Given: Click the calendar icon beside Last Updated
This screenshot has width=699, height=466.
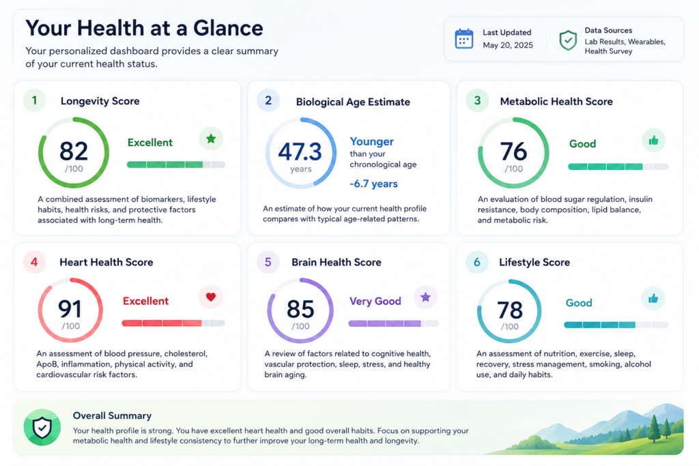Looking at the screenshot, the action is click(464, 39).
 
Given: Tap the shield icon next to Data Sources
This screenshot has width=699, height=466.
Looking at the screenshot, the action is click(568, 40).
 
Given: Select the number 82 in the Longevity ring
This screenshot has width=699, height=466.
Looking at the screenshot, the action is click(74, 151).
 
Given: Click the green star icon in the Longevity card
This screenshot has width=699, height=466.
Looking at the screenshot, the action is click(211, 139).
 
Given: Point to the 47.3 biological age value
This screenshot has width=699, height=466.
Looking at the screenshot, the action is click(300, 151).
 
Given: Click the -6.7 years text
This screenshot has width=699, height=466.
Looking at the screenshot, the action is click(373, 184).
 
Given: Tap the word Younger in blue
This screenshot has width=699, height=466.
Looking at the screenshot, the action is click(372, 141).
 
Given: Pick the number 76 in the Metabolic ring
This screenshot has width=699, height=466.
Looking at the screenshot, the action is click(513, 151).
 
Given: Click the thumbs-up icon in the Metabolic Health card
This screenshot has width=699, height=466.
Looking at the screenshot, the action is click(653, 141).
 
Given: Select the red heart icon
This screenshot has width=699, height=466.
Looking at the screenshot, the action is click(211, 297).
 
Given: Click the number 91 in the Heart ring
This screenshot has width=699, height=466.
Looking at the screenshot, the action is click(70, 309).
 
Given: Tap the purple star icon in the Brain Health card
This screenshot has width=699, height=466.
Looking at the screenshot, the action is click(426, 297).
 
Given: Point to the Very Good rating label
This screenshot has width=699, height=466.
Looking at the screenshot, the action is click(375, 301).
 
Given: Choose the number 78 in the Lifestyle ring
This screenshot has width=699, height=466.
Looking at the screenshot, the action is click(509, 310).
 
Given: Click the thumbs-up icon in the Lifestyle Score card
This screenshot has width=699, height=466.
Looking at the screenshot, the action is click(653, 298).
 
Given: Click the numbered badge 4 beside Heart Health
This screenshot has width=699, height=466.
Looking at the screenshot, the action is click(34, 262).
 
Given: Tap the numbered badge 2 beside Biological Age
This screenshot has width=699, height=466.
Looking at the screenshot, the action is click(268, 100).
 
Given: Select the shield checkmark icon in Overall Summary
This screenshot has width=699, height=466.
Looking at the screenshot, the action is click(42, 428).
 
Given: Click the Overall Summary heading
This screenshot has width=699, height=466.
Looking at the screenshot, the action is click(113, 416).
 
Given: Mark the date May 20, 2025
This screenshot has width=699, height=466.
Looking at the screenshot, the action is click(508, 45).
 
